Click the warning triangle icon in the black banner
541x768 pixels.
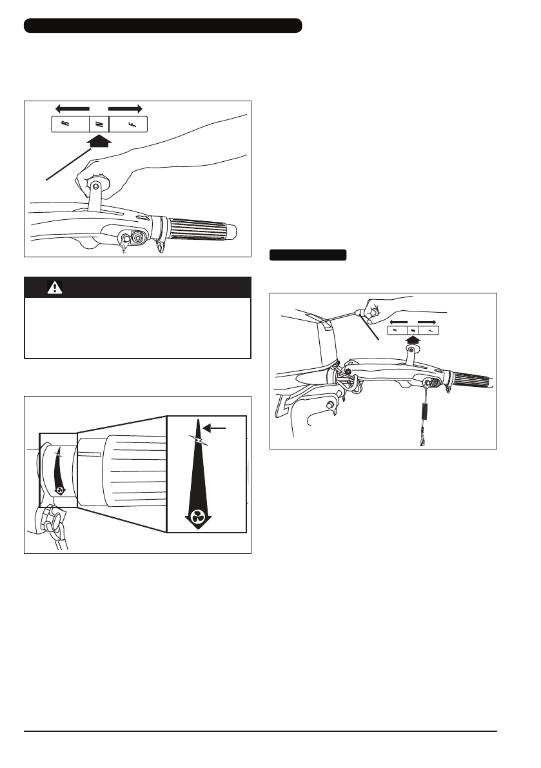55,288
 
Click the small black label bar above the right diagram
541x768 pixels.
308,255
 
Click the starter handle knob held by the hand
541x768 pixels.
371,311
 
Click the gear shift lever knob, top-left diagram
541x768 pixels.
95,186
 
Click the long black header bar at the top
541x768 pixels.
162,26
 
